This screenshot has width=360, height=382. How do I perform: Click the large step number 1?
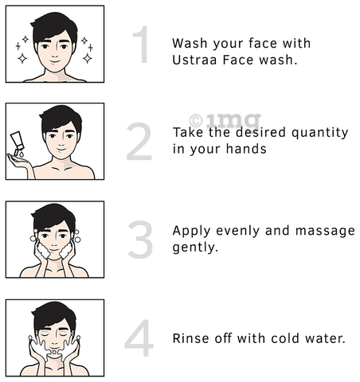(x=141, y=45)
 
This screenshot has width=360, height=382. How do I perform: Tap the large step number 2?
(x=139, y=142)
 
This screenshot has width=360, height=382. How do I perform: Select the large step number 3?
(x=140, y=240)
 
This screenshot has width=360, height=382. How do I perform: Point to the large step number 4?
(x=139, y=338)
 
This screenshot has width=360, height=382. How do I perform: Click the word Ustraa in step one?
(x=194, y=60)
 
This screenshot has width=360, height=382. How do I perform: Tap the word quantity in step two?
(x=319, y=133)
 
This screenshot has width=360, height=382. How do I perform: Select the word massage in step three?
(x=325, y=232)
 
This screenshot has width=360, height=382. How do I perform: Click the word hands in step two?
(x=246, y=149)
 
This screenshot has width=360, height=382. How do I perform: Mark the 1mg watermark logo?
(x=225, y=120)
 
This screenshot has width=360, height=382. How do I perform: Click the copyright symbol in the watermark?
(x=196, y=121)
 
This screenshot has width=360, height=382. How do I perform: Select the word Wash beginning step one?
(x=190, y=44)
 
